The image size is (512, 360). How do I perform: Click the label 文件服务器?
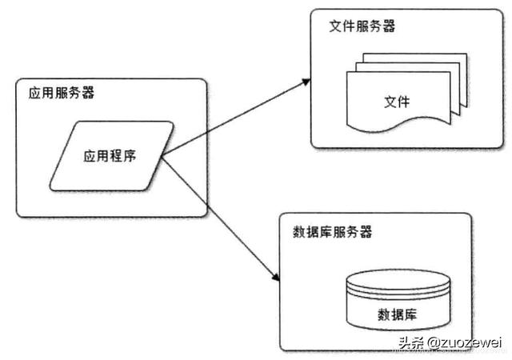pos(362,26)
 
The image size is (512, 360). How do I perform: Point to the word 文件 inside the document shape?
pos(396,102)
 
